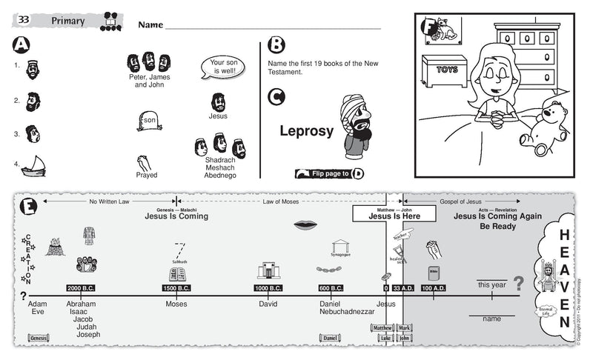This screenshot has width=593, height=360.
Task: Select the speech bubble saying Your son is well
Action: [x=222, y=68]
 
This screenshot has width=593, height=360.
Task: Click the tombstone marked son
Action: [x=148, y=121]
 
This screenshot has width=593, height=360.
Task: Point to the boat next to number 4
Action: [x=33, y=167]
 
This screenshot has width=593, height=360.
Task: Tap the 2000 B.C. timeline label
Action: [x=80, y=288]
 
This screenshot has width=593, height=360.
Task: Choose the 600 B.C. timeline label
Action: [x=331, y=288]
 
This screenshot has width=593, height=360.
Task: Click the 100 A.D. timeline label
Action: [x=433, y=288]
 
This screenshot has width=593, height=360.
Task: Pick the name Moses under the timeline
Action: [x=176, y=304]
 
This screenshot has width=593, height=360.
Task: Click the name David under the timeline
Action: [x=268, y=304]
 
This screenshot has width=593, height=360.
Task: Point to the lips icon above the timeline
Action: [x=305, y=225]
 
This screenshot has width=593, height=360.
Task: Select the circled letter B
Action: [x=275, y=45]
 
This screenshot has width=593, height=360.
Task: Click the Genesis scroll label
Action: [x=38, y=338]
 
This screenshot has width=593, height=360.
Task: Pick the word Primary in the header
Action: [x=67, y=20]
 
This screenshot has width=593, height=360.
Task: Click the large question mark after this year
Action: [x=519, y=284]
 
